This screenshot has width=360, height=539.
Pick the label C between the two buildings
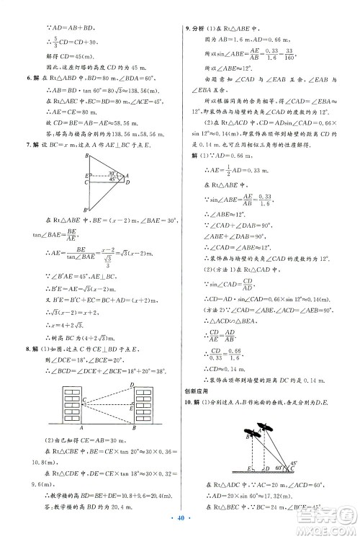click(84, 399)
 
